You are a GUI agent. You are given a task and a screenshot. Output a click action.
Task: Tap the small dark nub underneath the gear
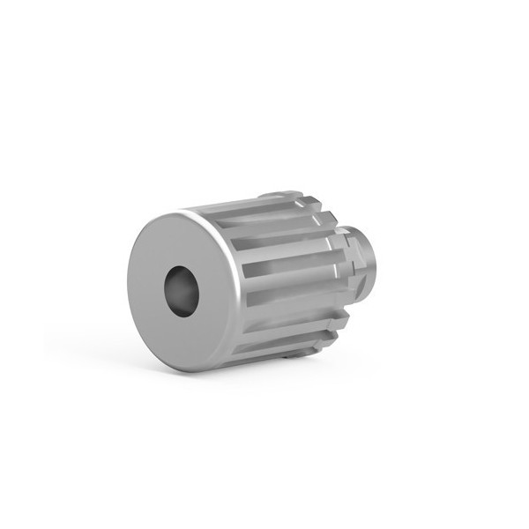tap(294, 358)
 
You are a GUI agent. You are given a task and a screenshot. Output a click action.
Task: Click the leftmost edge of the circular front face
tap(126, 291)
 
